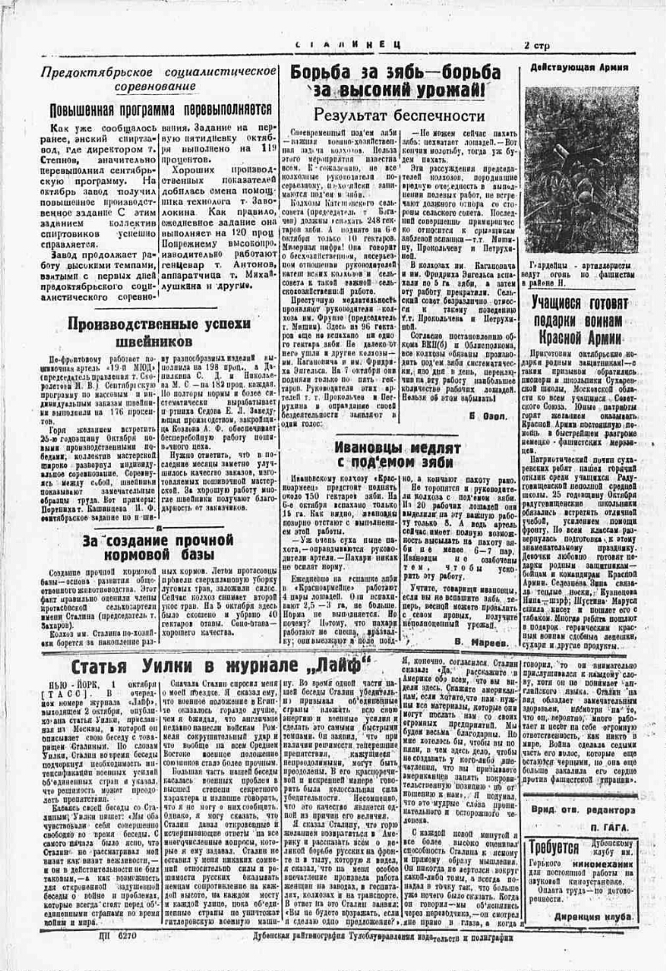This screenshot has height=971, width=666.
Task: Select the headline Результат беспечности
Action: (399, 115)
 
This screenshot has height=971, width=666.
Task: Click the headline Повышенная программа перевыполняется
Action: (161, 109)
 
